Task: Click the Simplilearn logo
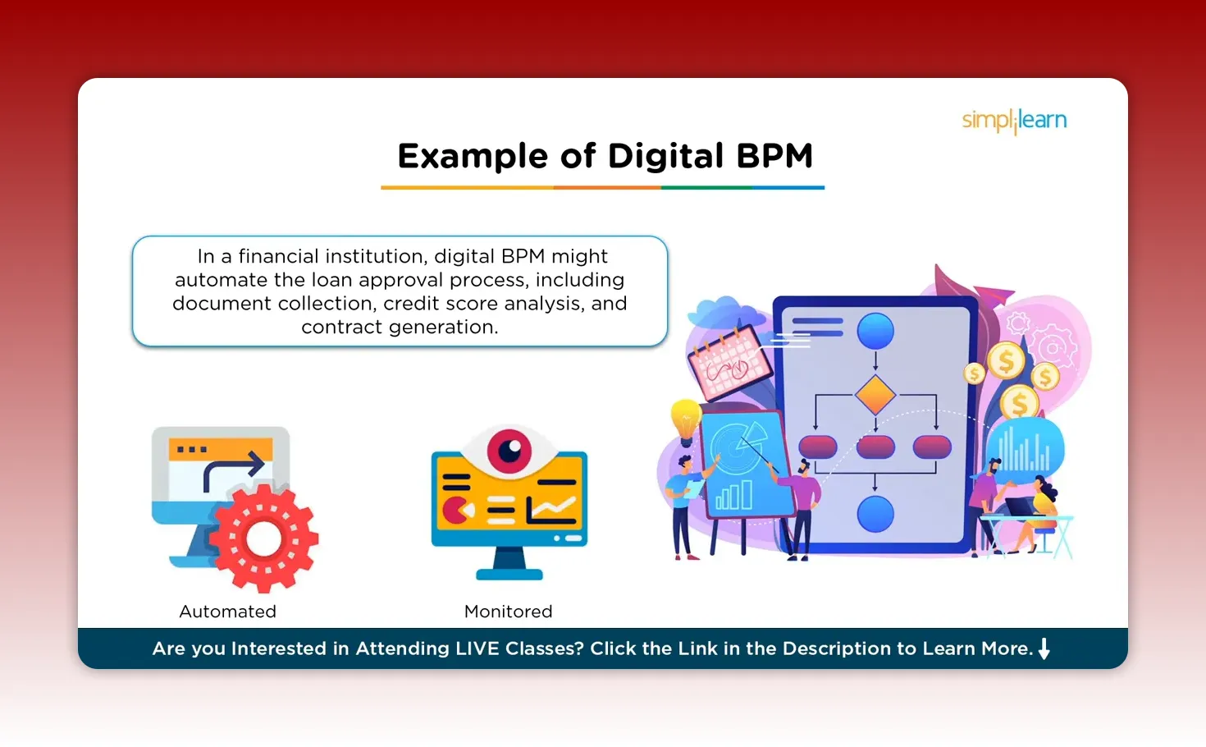point(1014,121)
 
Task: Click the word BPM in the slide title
point(774,156)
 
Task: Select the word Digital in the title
point(665,156)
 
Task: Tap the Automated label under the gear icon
point(227,612)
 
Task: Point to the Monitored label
point(508,612)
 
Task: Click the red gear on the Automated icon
point(263,538)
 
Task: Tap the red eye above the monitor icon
point(509,450)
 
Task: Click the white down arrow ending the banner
point(1044,648)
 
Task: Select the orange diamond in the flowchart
point(875,396)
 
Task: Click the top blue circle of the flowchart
point(875,332)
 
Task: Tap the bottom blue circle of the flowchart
point(875,514)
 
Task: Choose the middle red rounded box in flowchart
point(875,447)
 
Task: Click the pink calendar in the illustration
point(729,363)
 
